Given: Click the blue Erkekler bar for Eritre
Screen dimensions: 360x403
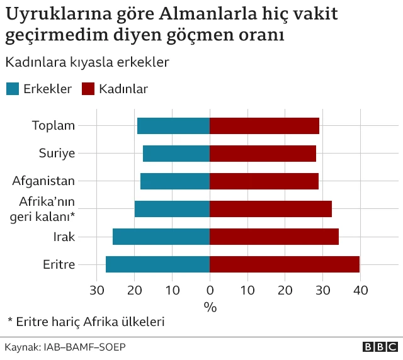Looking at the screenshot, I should [157, 264].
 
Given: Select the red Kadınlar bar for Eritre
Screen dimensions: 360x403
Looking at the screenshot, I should [285, 264].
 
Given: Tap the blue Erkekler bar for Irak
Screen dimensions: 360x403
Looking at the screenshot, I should [161, 237].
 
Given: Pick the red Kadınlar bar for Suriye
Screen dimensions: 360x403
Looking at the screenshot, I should [263, 154].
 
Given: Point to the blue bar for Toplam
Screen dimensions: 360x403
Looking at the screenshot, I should [173, 126].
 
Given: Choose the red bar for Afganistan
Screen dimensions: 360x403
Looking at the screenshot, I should [264, 181].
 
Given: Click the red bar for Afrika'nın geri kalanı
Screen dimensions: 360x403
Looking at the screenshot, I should [271, 209].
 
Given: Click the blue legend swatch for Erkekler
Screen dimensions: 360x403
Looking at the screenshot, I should [12, 89].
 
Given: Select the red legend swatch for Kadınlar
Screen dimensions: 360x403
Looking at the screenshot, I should [88, 89].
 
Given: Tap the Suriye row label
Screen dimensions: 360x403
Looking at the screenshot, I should [57, 154].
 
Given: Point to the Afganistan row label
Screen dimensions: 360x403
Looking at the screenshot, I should [43, 181].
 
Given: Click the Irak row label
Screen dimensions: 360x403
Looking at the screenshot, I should [64, 237].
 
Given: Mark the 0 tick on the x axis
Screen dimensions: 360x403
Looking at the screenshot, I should [210, 291].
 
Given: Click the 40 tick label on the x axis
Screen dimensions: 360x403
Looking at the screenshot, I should [360, 291].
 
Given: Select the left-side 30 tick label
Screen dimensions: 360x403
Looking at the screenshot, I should [96, 291].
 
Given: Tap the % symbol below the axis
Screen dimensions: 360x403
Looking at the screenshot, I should [210, 307].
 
